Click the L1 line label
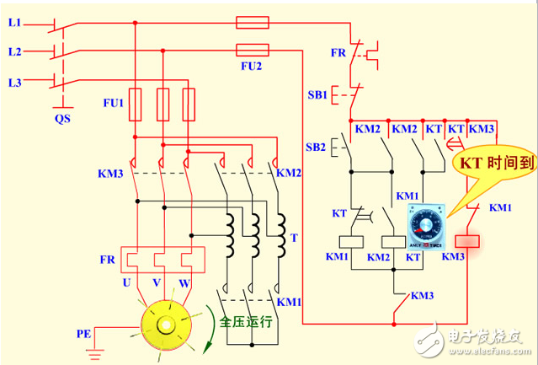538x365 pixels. pos(14,22)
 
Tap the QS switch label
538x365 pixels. pos(62,119)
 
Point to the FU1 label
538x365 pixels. pos(112,102)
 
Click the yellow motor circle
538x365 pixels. pos(165,325)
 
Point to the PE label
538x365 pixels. pos(84,334)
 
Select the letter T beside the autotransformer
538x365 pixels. pos(293,238)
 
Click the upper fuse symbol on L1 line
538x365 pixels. pos(252,23)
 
